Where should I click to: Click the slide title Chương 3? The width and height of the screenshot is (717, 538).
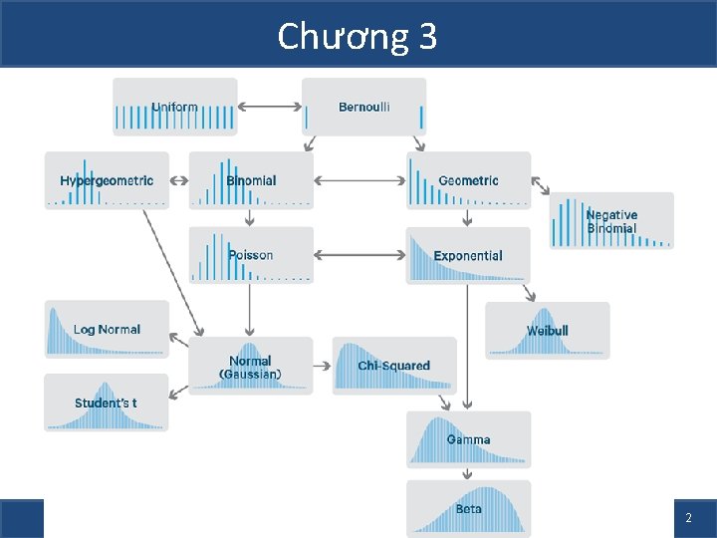[x=357, y=37]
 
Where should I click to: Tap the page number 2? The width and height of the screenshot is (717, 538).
[x=688, y=519]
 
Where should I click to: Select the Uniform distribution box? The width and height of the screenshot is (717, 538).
[x=175, y=107]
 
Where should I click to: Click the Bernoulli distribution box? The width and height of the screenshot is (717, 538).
[x=364, y=107]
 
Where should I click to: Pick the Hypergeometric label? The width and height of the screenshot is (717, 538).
[x=107, y=180]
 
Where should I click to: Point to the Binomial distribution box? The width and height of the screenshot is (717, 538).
[x=251, y=180]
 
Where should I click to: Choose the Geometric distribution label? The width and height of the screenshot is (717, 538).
[x=468, y=180]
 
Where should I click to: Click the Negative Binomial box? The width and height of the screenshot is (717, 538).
[x=611, y=221]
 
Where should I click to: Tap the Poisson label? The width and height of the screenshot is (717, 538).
[x=251, y=255]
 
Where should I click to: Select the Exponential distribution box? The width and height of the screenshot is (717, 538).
[x=468, y=255]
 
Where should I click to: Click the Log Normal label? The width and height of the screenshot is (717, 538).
[x=107, y=329]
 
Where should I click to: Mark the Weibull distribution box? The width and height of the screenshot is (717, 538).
[x=548, y=330]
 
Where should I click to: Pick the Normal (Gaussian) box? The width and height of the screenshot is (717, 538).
[x=250, y=367]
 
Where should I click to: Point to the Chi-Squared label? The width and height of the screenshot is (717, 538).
[x=394, y=366]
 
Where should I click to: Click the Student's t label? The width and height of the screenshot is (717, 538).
[x=106, y=403]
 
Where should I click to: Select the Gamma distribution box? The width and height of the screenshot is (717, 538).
[x=468, y=439]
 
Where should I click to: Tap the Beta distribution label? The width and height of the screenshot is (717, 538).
[x=468, y=509]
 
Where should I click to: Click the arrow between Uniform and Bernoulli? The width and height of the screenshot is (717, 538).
[x=270, y=107]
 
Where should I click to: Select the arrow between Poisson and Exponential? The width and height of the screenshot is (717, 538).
[x=359, y=255]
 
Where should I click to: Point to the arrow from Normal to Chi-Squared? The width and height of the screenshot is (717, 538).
[x=323, y=366]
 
